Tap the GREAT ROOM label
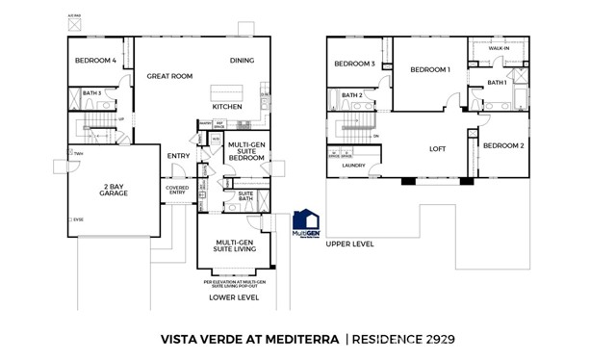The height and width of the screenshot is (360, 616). [170, 76]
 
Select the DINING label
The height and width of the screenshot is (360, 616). [242, 62]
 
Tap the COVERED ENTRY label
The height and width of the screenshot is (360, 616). [177, 191]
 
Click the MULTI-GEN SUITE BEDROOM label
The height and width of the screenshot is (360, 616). [246, 151]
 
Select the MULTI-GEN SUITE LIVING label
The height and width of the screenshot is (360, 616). [234, 247]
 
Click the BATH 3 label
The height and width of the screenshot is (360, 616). [91, 93]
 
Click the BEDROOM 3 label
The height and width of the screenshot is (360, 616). [354, 64]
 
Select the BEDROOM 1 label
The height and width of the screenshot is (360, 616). [430, 70]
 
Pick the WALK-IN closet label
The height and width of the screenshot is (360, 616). [499, 47]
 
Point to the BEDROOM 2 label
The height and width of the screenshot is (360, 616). [502, 145]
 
